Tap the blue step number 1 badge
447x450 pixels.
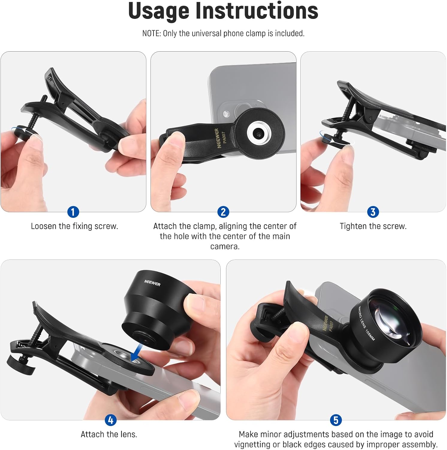click(x=73, y=212)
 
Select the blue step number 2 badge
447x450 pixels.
click(x=223, y=212)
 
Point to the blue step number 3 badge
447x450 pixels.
click(x=373, y=212)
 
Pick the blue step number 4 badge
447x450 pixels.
click(x=111, y=420)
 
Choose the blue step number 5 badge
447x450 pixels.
click(x=336, y=420)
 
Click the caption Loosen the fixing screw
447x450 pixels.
click(x=75, y=226)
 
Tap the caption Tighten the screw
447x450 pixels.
click(x=373, y=226)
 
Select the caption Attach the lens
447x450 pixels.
click(x=109, y=434)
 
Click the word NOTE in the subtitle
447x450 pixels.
click(x=151, y=33)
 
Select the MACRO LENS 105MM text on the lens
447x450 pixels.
click(x=367, y=323)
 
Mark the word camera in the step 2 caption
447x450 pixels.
click(x=225, y=247)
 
